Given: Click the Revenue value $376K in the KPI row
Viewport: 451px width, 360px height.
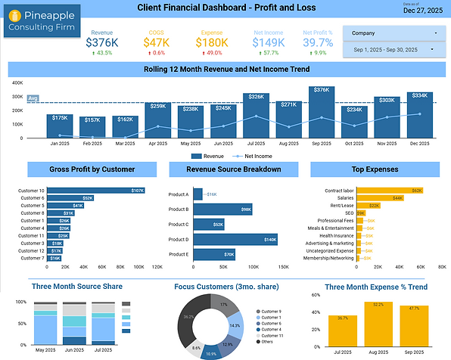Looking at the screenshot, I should click(x=101, y=44).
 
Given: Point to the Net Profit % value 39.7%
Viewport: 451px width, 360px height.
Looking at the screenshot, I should click(x=318, y=44).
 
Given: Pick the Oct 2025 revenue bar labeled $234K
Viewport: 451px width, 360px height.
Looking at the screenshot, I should click(x=353, y=120).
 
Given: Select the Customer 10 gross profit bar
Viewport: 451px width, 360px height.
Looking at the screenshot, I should click(x=96, y=191).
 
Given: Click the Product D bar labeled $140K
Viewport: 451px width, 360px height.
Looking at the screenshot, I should click(x=235, y=239).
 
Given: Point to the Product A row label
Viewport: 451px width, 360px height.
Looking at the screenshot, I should click(x=178, y=194).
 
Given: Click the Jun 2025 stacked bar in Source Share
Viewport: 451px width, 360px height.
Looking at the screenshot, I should click(x=74, y=324).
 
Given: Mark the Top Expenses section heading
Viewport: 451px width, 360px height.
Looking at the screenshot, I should click(x=376, y=169).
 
